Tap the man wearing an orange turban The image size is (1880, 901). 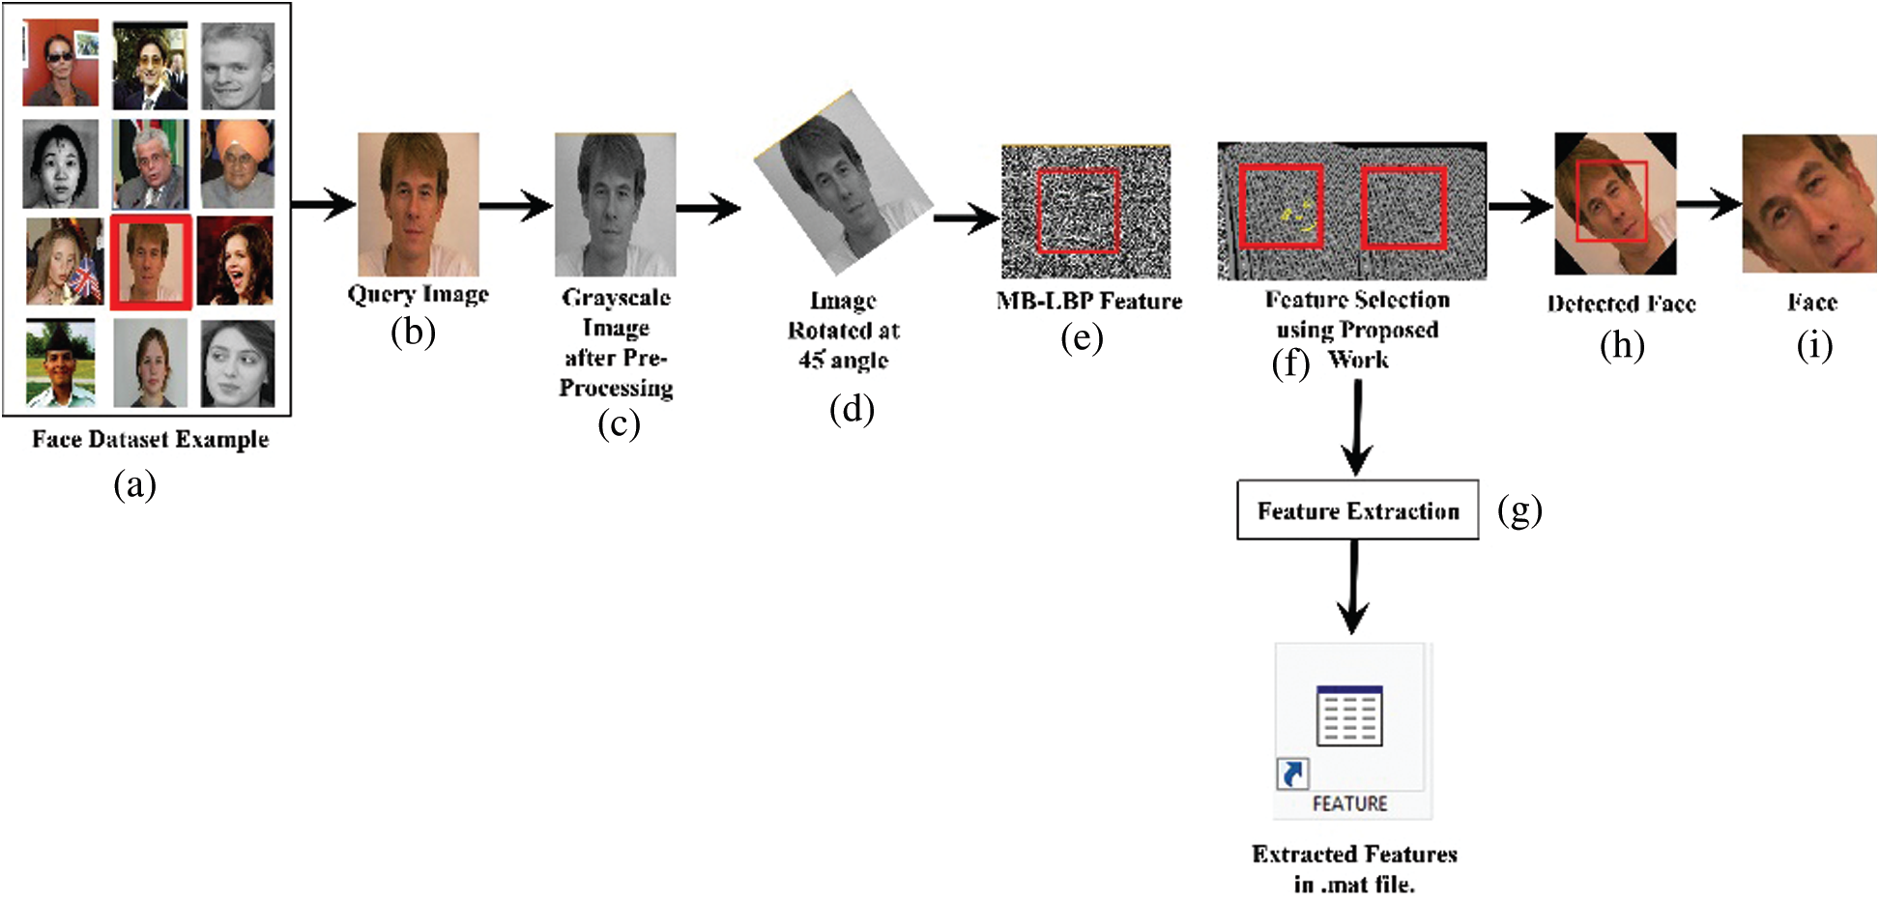238,163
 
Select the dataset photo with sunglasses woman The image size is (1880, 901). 60,64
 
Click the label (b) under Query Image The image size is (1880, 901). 413,333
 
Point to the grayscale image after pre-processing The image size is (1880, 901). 615,205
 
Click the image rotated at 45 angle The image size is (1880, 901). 842,184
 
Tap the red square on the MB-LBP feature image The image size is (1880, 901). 1078,211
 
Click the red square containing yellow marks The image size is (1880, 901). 1282,207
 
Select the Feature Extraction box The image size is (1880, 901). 1357,509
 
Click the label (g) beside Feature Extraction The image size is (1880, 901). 1519,509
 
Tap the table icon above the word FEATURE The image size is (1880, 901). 1349,716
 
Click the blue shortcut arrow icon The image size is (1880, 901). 1292,773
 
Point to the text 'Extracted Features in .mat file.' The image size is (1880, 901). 1353,868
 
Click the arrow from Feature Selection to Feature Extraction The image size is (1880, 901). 1357,425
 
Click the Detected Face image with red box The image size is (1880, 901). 1614,204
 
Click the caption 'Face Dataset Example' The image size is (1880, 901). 150,439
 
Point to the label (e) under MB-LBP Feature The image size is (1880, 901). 1081,338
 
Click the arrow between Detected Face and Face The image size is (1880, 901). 1709,204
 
